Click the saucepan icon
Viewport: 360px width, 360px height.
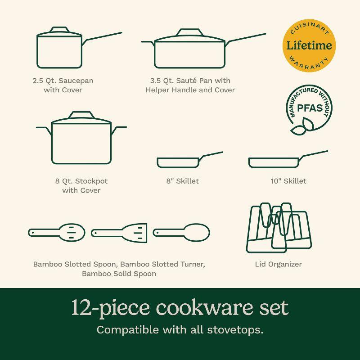59,50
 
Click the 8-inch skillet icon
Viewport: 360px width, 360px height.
178,162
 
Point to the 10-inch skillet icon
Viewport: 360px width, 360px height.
274,162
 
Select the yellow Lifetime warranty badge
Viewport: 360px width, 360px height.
309,45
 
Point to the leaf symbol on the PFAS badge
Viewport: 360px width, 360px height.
301,128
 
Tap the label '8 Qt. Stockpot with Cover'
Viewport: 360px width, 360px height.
81,186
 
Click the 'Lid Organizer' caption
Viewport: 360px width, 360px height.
279,264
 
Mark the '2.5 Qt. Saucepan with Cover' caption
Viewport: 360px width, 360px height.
63,85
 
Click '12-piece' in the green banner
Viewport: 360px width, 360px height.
111,308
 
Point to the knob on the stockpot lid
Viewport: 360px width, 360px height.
81,115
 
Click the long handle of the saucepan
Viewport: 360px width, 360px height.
102,37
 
